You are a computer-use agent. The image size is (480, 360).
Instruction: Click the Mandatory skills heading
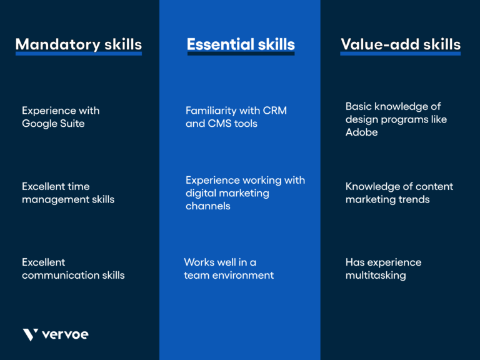click(x=78, y=44)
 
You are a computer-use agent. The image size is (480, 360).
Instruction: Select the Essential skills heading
click(x=241, y=44)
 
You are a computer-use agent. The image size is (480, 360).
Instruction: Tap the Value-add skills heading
click(x=400, y=44)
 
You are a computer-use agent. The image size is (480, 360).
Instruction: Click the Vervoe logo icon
click(x=31, y=334)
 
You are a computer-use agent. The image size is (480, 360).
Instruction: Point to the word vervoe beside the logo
click(x=65, y=334)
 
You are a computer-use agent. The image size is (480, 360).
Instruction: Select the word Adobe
click(x=361, y=132)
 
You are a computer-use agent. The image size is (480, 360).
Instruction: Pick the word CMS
click(x=219, y=124)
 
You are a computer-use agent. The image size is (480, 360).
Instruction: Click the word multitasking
click(x=376, y=275)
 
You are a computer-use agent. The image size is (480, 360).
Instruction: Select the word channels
click(x=208, y=206)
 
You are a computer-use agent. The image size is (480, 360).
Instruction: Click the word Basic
click(x=359, y=106)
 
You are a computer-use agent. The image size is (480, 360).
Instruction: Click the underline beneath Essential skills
click(x=241, y=54)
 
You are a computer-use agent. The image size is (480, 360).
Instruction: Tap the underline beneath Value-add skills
click(x=400, y=54)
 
